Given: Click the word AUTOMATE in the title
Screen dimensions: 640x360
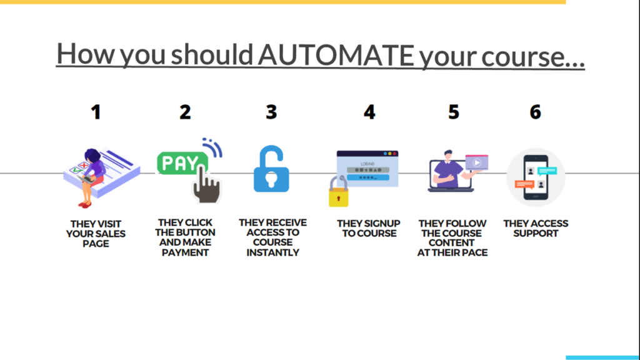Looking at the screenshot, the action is coord(336,55).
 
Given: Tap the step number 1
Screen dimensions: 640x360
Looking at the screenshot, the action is coord(96,112).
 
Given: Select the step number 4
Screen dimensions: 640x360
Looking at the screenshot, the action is coord(369,112).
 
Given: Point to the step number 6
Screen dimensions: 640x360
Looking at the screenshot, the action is coord(536,112).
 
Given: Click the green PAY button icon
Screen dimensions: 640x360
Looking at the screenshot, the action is coord(182,163).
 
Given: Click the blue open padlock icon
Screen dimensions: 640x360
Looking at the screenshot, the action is coord(271,169).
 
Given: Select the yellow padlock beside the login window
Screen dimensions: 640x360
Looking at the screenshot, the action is coord(339,192).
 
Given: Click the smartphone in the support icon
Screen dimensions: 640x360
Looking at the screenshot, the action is coord(536,177).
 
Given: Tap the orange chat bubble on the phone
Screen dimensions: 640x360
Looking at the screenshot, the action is coord(524,185).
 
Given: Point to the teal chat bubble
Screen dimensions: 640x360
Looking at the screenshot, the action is coord(547,171).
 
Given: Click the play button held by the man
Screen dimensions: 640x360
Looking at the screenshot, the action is coord(477,162).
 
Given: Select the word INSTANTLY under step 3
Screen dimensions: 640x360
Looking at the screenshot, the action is coord(272,252).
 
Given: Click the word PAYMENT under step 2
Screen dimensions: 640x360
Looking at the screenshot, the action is coord(185,252).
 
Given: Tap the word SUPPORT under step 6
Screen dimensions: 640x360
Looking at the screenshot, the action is coord(536,234).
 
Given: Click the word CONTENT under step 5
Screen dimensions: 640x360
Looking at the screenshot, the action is coord(452,243).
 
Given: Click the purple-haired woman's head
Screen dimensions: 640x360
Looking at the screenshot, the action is coord(92,156).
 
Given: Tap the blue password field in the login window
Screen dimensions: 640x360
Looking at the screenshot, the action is coord(367,177).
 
